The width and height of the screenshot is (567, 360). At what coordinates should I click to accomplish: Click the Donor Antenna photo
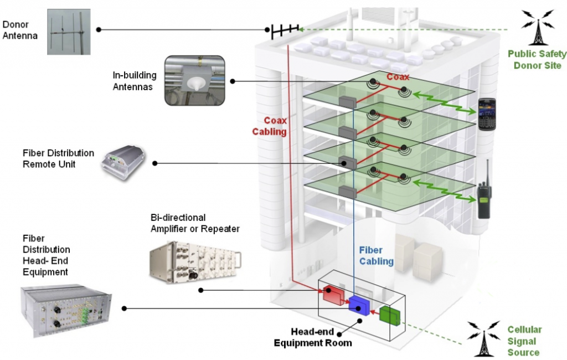[x=69, y=32]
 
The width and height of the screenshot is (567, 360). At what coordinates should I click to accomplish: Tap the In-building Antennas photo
[x=194, y=81]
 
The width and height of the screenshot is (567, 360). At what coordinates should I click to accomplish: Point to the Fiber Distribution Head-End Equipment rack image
[x=66, y=311]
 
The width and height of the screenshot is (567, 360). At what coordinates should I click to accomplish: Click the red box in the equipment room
[x=333, y=295]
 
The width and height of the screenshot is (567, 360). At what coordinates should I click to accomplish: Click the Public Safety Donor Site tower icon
[x=537, y=27]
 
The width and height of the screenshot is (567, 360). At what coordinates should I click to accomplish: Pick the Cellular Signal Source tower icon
[x=483, y=338]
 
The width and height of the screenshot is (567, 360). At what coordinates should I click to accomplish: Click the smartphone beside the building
[x=487, y=114]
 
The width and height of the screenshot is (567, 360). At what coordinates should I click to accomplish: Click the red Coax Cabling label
[x=270, y=126]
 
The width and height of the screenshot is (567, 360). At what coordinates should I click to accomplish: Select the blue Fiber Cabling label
[x=377, y=256]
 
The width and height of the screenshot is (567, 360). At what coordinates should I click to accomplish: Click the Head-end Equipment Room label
[x=313, y=337]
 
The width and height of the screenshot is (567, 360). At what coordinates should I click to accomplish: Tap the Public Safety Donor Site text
[x=537, y=60]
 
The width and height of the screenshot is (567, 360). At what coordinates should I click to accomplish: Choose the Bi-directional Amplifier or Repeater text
[x=195, y=223]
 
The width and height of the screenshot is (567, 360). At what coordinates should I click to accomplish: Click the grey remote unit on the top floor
[x=348, y=102]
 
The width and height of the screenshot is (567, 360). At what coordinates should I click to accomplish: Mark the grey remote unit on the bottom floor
[x=348, y=192]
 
